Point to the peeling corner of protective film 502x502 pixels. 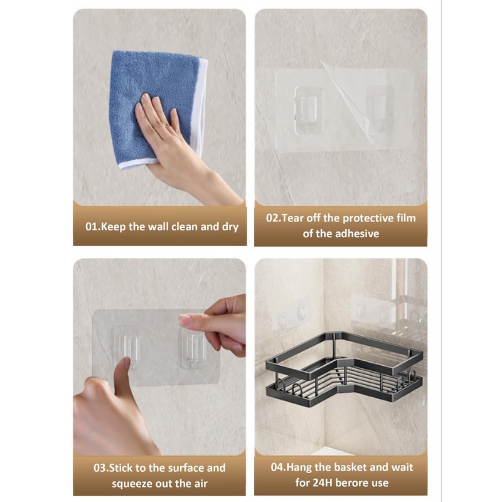(351, 100)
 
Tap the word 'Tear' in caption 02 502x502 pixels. (294, 218)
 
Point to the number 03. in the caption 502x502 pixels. (102, 468)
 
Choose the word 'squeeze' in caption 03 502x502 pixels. (132, 483)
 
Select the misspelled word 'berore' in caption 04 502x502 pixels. (358, 483)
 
